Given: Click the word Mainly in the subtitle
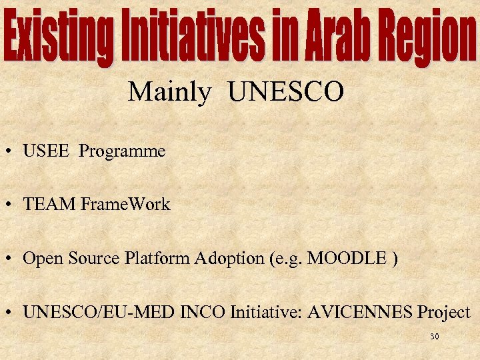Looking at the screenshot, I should (x=169, y=92).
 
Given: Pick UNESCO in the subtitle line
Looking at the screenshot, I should (x=286, y=93).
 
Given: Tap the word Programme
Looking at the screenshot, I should (x=122, y=151).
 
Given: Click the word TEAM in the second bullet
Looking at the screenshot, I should (x=49, y=205).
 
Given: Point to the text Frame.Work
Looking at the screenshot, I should (x=125, y=205).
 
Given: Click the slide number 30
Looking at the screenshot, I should (x=434, y=337).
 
